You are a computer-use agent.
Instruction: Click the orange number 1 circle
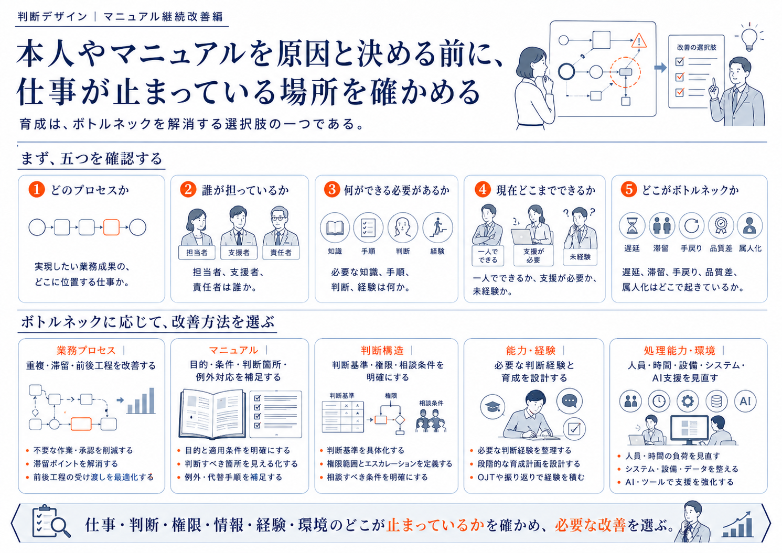(x=37, y=190)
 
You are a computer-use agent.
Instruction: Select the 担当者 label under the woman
(x=197, y=252)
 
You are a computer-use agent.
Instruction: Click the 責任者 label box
(x=281, y=252)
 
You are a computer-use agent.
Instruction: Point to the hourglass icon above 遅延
(x=631, y=226)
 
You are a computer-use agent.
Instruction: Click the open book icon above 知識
(x=335, y=227)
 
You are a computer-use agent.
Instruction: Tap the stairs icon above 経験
(x=437, y=227)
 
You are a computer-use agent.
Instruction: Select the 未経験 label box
(x=580, y=257)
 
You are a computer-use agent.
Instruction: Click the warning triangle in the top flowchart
(x=639, y=41)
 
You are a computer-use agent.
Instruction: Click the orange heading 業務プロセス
(x=86, y=350)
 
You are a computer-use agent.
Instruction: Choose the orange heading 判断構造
(x=382, y=350)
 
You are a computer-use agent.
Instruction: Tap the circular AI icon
(x=745, y=401)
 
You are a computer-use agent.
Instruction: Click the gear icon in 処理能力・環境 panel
(x=688, y=401)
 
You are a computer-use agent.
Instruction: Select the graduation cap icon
(x=492, y=406)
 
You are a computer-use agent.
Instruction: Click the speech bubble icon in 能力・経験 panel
(x=570, y=401)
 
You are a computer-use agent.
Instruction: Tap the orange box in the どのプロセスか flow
(x=111, y=227)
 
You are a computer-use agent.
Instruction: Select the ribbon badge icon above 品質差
(x=721, y=226)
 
